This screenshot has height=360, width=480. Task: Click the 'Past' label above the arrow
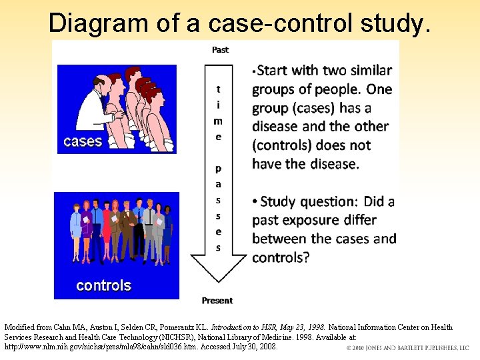[220, 49]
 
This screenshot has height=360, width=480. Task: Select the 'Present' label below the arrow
[217, 301]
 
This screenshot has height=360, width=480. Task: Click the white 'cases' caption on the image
[83, 141]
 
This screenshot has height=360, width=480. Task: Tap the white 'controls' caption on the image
[103, 285]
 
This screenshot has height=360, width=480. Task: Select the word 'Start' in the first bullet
[277, 71]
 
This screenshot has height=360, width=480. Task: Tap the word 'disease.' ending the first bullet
[331, 164]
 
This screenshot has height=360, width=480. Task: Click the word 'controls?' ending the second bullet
[281, 257]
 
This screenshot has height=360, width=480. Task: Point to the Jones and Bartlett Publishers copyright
[407, 348]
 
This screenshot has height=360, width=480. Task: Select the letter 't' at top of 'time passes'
[219, 89]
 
